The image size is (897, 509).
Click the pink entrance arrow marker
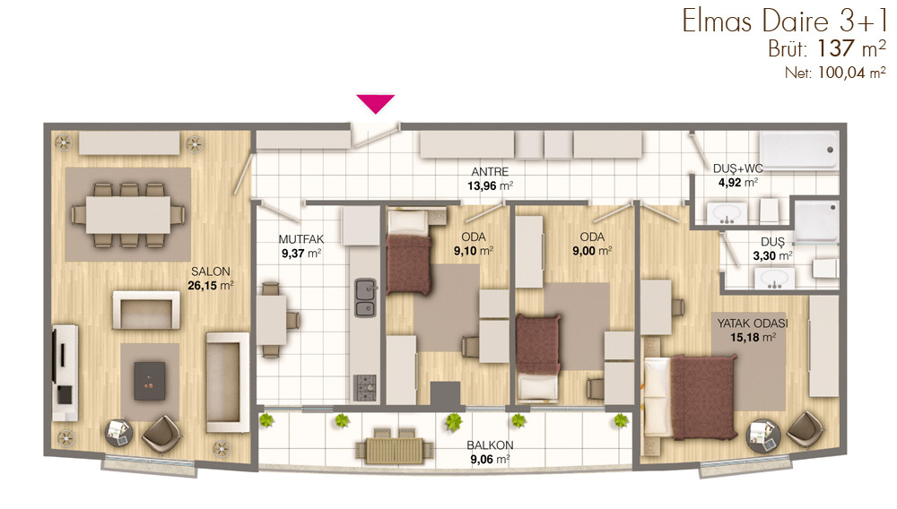click(x=375, y=103)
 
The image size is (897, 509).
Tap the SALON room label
click(x=211, y=272)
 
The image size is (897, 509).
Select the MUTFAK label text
click(x=301, y=239)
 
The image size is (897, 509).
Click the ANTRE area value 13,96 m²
click(x=491, y=185)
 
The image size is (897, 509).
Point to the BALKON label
click(x=490, y=445)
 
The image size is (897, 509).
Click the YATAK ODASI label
click(x=753, y=324)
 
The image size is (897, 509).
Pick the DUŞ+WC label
click(x=738, y=168)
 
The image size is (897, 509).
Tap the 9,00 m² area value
click(x=592, y=251)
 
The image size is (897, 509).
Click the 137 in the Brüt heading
click(x=836, y=48)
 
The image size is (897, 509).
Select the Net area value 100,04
click(x=841, y=73)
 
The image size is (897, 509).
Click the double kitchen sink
click(x=366, y=298)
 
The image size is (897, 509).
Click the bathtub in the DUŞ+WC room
click(x=798, y=151)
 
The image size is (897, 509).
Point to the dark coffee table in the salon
click(x=150, y=381)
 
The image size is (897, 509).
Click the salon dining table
click(x=128, y=215)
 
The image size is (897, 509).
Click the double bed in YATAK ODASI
click(x=689, y=396)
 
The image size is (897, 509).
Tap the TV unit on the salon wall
click(x=65, y=373)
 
